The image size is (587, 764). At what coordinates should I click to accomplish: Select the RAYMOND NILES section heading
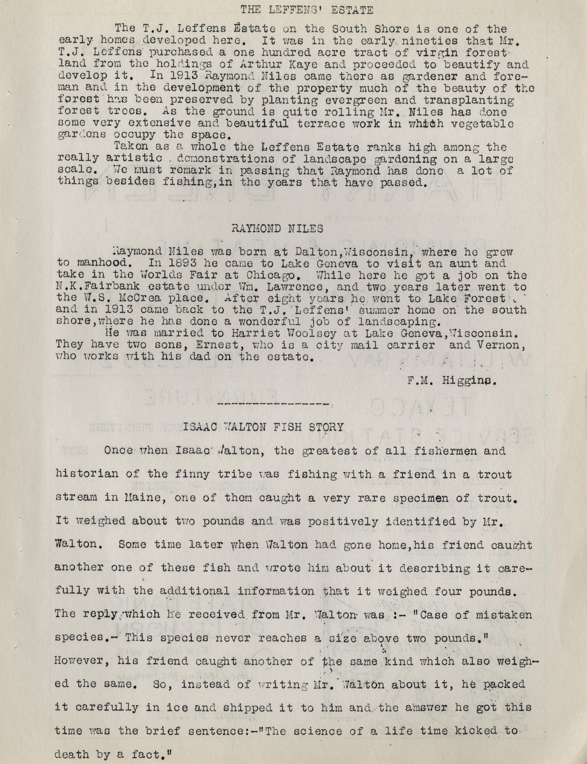tap(277, 229)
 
